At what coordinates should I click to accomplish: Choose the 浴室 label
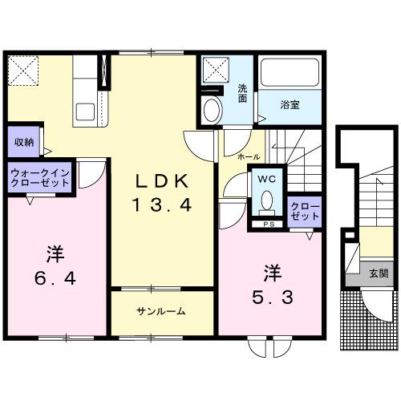[290, 103]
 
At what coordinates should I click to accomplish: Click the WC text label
[267, 177]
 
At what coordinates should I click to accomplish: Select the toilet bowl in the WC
[268, 198]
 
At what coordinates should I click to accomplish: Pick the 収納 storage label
[24, 142]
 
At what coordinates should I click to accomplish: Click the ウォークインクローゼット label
[40, 178]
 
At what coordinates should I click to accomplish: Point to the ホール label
[248, 157]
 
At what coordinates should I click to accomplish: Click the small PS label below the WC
[267, 225]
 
